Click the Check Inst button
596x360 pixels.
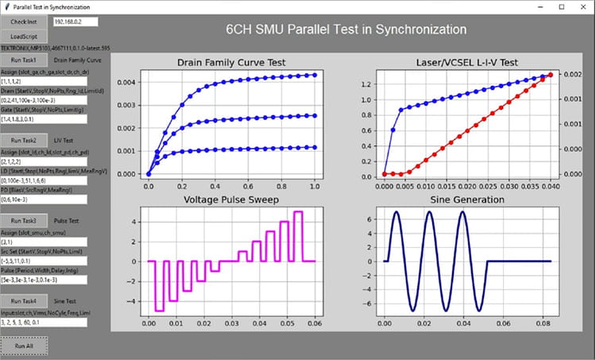[x=24, y=22]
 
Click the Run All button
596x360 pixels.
[x=24, y=346]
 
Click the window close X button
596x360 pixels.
[x=583, y=6]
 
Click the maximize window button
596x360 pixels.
[x=561, y=6]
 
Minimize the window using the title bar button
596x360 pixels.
[x=539, y=6]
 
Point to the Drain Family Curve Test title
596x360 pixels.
[x=231, y=63]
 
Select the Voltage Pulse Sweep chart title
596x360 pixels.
[x=231, y=199]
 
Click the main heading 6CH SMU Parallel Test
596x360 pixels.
[x=346, y=30]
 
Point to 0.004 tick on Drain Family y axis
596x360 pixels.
[x=126, y=82]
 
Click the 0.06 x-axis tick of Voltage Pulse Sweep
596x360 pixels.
[x=315, y=325]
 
